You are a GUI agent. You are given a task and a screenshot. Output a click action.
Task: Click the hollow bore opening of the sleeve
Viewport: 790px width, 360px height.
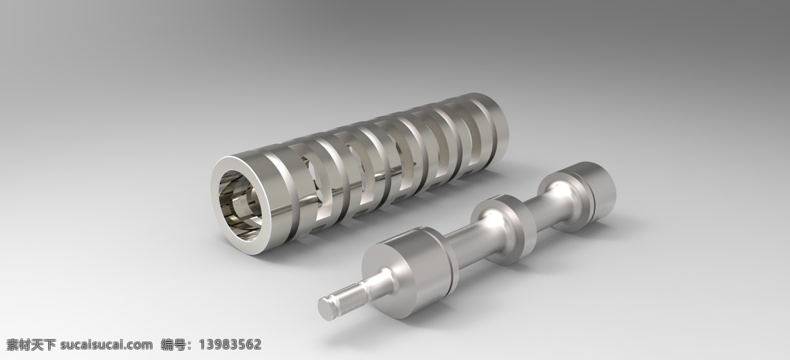(241, 206)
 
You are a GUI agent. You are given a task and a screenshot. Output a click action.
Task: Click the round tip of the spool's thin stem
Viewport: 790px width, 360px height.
(327, 309)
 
